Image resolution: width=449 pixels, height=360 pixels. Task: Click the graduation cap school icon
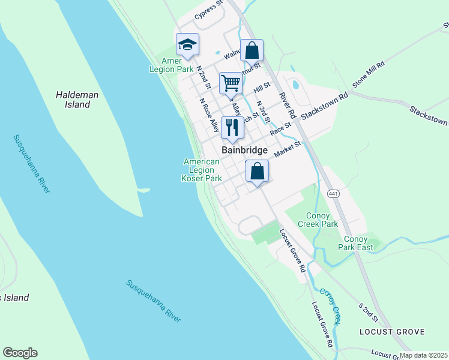187,44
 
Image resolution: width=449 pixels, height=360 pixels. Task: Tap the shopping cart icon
231,83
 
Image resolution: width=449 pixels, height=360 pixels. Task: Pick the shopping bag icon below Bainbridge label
257,172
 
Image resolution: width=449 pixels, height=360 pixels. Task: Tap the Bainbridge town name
244,151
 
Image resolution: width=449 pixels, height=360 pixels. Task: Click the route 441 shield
334,194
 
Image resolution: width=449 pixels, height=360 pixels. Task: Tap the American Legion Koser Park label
202,170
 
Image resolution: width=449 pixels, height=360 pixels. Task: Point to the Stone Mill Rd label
368,74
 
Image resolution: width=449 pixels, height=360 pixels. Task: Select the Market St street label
288,149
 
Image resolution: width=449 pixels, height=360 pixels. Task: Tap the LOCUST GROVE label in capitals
392,332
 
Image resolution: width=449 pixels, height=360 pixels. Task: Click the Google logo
20,353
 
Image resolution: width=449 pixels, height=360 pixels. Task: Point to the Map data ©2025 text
423,355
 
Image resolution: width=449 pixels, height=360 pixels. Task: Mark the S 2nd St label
369,313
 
